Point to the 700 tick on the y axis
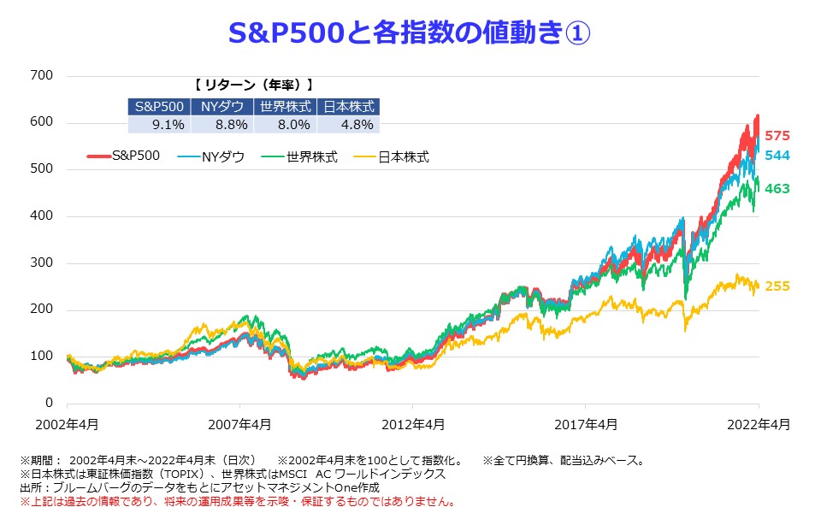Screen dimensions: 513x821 click(41, 76)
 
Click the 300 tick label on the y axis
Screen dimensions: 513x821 click(41, 263)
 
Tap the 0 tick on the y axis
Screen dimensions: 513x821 click(48, 404)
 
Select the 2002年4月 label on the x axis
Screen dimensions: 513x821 click(67, 423)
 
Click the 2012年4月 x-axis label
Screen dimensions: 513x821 click(412, 423)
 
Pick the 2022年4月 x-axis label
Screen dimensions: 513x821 click(758, 423)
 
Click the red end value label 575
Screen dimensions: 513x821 click(777, 136)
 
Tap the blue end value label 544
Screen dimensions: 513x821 click(777, 156)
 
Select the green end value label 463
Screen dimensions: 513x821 click(777, 187)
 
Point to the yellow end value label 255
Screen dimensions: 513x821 click(777, 286)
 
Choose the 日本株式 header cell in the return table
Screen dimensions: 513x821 click(346, 107)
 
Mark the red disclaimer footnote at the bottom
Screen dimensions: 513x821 click(237, 500)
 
